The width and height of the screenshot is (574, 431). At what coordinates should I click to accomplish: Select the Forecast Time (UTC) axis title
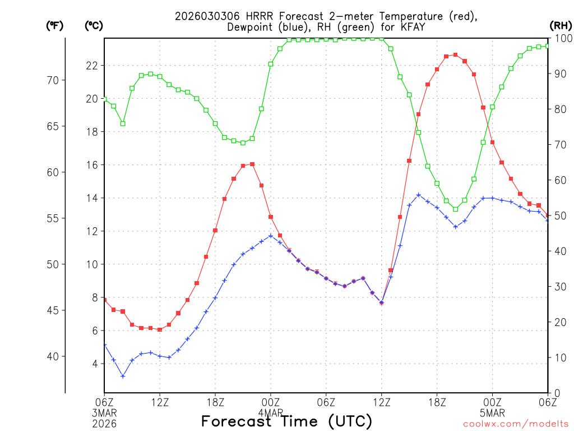click(286, 421)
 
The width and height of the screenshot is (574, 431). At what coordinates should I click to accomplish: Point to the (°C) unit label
click(94, 25)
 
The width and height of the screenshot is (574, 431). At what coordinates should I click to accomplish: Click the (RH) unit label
click(560, 25)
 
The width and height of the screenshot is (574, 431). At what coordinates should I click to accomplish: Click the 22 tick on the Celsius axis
click(91, 65)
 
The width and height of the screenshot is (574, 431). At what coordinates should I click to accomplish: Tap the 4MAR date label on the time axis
click(271, 413)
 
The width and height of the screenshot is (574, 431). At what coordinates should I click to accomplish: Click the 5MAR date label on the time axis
click(493, 413)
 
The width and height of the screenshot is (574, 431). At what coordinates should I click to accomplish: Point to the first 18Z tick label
click(215, 402)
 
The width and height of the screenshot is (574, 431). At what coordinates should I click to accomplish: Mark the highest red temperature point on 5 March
click(455, 54)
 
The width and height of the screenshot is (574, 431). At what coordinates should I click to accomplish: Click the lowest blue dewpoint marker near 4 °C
click(123, 376)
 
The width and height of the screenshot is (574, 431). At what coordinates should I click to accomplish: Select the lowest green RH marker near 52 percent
click(455, 209)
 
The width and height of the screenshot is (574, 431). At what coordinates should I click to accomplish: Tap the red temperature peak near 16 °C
click(252, 164)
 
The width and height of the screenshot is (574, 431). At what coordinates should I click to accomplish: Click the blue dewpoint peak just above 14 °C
click(418, 195)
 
